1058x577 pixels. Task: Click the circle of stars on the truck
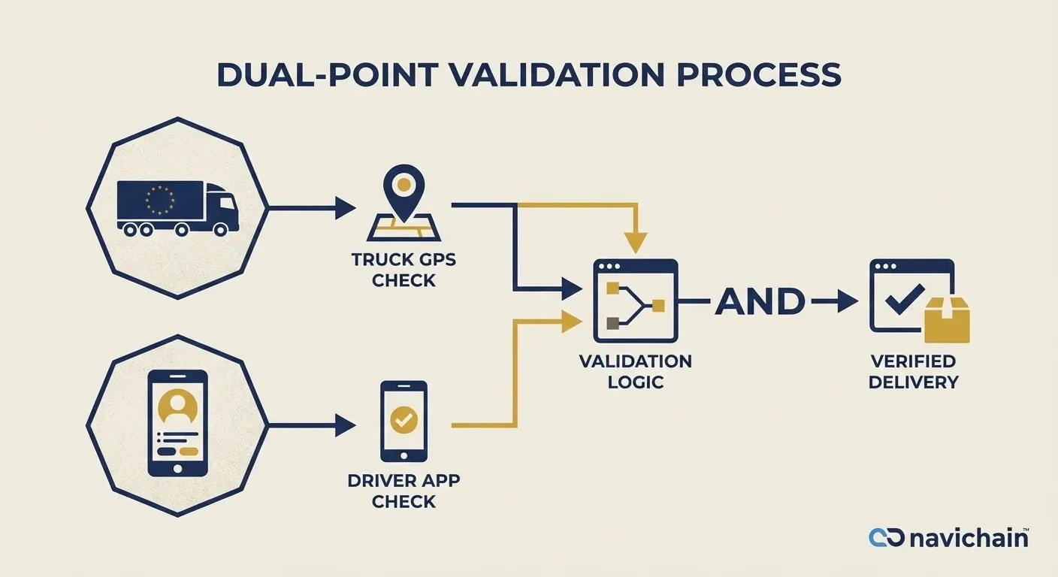[x=159, y=199]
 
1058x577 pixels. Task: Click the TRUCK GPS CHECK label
[x=404, y=270]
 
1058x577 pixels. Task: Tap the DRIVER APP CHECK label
[x=404, y=491]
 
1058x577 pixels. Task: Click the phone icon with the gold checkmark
[x=404, y=421]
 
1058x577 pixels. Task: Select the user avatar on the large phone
[x=179, y=408]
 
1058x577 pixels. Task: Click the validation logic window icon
[x=635, y=301]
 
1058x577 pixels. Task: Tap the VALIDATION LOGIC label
[x=635, y=371]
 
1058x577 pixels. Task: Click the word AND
[x=759, y=302]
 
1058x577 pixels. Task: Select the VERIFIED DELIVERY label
[x=913, y=371]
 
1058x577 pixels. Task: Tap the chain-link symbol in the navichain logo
[x=887, y=538]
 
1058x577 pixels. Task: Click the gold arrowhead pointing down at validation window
[x=635, y=242]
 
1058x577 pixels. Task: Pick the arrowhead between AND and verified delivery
[x=847, y=303]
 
